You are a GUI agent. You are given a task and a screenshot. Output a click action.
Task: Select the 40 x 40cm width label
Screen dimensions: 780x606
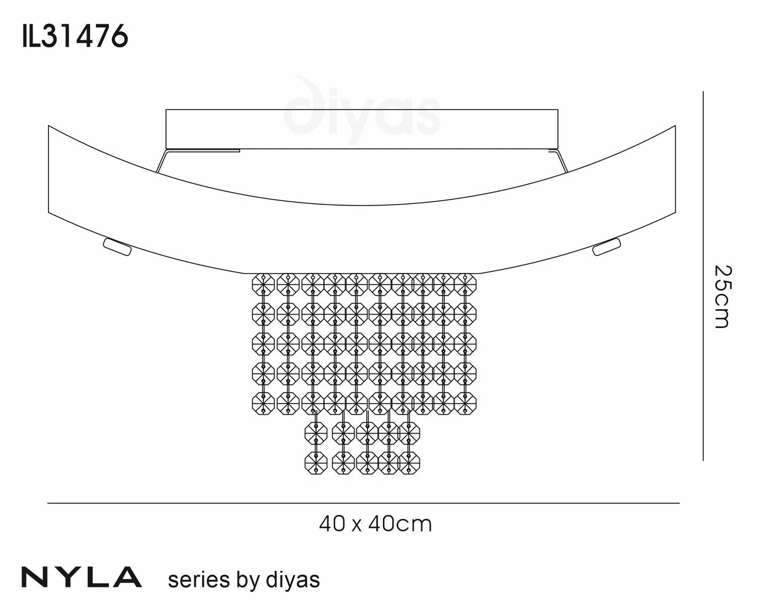tap(375, 524)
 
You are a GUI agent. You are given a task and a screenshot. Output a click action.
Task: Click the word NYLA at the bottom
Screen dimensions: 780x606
tap(82, 577)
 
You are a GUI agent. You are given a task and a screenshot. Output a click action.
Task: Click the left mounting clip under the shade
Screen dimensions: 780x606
tap(117, 247)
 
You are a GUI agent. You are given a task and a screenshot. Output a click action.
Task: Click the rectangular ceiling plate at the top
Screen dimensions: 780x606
tap(362, 129)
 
